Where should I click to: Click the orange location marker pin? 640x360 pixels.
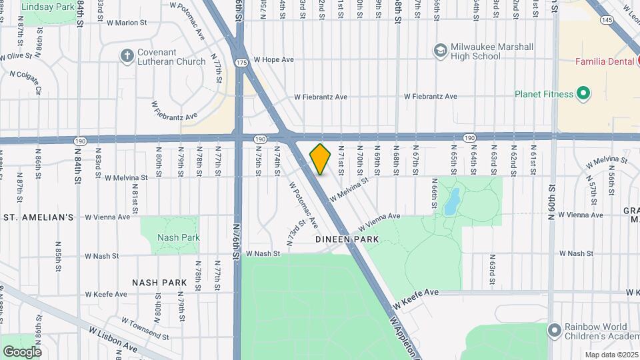(x=321, y=159)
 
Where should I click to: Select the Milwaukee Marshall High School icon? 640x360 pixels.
(x=440, y=50)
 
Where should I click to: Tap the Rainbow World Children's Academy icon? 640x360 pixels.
(x=554, y=330)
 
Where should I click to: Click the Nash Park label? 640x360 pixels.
(x=178, y=237)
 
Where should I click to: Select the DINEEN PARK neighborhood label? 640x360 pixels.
(x=347, y=239)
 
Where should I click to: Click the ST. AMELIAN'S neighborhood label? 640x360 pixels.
(x=39, y=217)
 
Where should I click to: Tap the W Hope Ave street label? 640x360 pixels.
(x=273, y=59)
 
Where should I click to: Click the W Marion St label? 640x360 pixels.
(x=126, y=23)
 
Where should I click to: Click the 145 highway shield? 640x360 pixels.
(x=606, y=20)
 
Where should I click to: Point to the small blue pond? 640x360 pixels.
(x=452, y=199)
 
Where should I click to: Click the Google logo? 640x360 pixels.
(x=22, y=351)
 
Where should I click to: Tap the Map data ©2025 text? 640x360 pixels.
(x=611, y=355)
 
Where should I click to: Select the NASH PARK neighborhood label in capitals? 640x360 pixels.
(x=159, y=283)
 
